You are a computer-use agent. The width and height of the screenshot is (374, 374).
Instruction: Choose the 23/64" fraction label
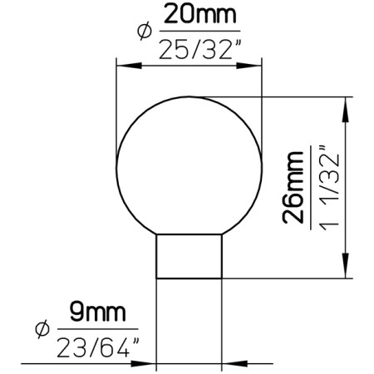(x=96, y=347)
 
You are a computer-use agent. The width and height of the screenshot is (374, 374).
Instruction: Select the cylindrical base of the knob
(x=189, y=255)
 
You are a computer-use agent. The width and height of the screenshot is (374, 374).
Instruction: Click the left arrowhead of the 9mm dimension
(x=150, y=363)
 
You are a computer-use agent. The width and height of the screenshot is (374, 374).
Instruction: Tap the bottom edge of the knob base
(x=189, y=277)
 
